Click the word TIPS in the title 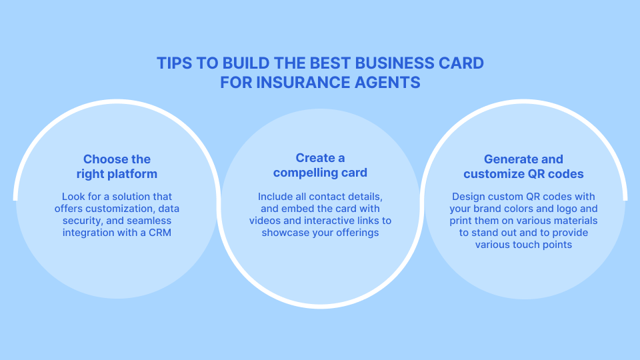tap(172, 63)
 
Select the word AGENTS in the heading tap(387, 83)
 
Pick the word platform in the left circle tap(134, 174)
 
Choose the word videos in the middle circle tap(267, 221)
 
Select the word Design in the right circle tap(469, 197)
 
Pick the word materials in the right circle tap(575, 221)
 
